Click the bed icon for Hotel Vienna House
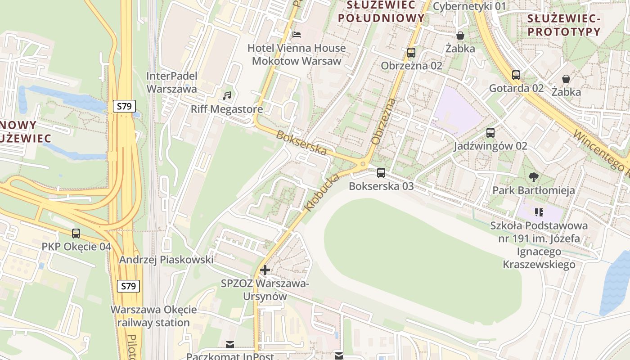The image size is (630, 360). click(296, 34)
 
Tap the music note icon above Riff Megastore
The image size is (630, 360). click(227, 95)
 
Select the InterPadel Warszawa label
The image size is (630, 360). click(171, 82)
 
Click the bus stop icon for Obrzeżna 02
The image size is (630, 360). click(411, 52)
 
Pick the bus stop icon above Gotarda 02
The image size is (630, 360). click(516, 75)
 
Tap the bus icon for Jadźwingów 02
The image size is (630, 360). click(490, 133)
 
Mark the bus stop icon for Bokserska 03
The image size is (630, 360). click(381, 172)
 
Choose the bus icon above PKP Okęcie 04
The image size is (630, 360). click(76, 233)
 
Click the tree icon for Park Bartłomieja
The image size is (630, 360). click(534, 177)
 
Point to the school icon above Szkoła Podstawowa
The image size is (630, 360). click(539, 211)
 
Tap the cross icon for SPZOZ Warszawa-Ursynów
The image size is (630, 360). click(265, 270)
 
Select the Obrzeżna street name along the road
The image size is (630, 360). click(383, 121)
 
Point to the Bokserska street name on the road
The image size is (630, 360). click(301, 143)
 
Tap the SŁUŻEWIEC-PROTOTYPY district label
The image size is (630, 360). click(564, 25)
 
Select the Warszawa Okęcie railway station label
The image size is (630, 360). click(153, 316)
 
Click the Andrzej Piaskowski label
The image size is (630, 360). click(166, 260)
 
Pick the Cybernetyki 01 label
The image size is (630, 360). click(469, 6)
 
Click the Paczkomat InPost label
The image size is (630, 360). click(230, 356)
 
